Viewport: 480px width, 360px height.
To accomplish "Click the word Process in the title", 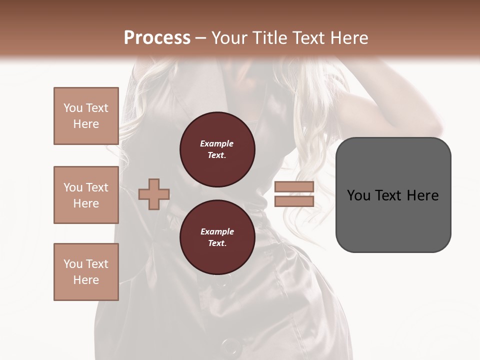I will (x=157, y=37).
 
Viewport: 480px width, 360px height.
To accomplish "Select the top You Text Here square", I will (x=86, y=116).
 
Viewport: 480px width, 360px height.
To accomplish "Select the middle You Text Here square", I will (x=86, y=195).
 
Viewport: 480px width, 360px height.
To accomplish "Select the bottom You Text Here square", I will (x=86, y=272).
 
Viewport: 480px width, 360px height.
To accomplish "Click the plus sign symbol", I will (x=154, y=194).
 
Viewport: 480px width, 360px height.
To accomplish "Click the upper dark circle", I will (x=217, y=149).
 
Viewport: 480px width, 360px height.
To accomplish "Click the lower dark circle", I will (x=217, y=237).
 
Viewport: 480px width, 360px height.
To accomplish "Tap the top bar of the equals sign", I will (x=294, y=187).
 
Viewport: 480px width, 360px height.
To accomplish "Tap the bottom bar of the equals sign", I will (x=294, y=201).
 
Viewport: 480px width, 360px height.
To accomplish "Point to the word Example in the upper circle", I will (x=217, y=144).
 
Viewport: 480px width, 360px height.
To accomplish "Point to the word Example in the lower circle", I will (x=217, y=232).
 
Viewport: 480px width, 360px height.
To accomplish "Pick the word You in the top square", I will (x=73, y=108).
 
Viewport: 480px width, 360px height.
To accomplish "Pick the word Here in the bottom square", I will (x=86, y=280).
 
